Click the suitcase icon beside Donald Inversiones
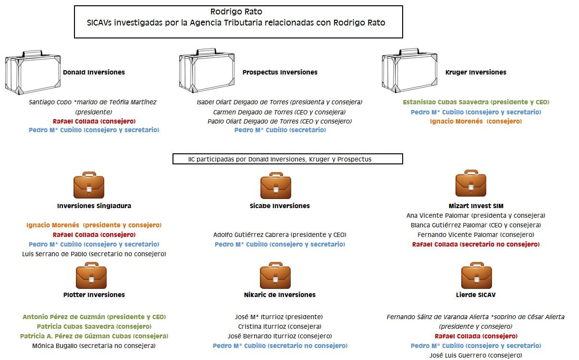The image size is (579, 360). [x=33, y=72]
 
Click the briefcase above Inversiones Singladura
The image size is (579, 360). [x=89, y=185]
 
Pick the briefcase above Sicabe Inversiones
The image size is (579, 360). [x=275, y=186]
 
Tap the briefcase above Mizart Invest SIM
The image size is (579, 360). [x=470, y=184]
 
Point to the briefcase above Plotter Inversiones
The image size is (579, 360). [x=91, y=275]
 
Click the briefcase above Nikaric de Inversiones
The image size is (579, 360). [x=275, y=275]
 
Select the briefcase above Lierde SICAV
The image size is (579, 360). [x=476, y=275]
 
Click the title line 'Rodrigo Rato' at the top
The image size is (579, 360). [x=236, y=12]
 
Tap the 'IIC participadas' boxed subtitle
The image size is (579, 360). [x=287, y=159]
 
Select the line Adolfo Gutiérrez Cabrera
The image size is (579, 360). [x=280, y=235]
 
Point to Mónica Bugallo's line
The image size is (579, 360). [x=94, y=346]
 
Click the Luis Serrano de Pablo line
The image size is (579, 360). [x=94, y=254]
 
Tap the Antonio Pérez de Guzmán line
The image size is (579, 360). [x=94, y=317]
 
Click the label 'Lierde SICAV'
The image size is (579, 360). [x=476, y=295]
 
